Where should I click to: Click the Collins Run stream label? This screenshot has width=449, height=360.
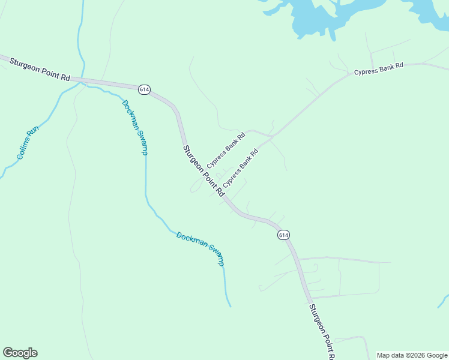[28, 142]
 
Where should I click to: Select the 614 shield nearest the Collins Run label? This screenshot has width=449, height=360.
[143, 89]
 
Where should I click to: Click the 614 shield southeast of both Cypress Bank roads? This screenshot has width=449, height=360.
[284, 235]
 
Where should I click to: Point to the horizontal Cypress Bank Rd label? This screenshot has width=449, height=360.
[378, 70]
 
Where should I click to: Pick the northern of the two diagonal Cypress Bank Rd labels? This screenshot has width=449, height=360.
[226, 149]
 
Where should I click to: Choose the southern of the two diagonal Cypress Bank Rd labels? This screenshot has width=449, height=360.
[240, 167]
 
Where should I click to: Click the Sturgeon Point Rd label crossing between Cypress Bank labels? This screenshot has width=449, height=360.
[203, 171]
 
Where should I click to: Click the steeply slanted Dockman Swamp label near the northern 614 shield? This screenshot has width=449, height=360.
[134, 127]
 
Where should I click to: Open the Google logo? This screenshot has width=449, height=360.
[20, 353]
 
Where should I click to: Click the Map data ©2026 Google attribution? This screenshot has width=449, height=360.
[412, 355]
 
